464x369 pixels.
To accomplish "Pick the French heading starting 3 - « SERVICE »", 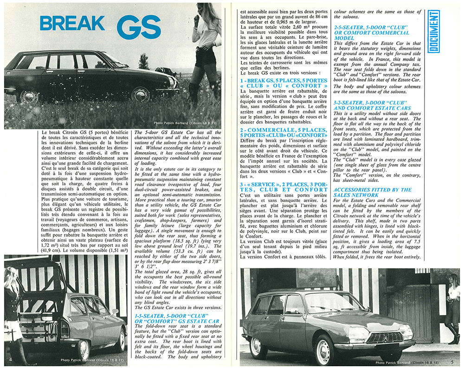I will [283, 186].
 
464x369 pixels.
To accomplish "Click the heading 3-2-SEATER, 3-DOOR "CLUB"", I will [372, 104].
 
